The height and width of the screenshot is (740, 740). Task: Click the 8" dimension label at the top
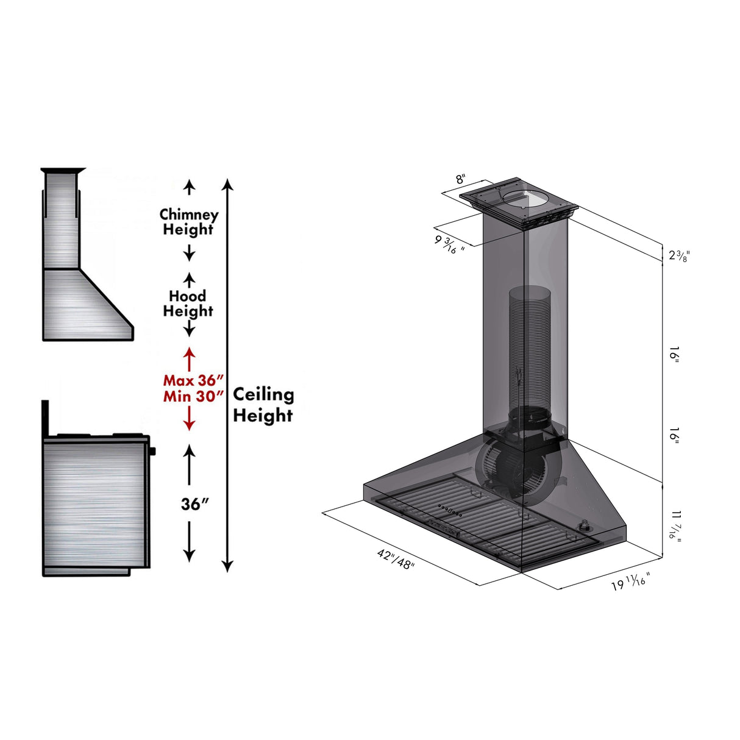(x=461, y=179)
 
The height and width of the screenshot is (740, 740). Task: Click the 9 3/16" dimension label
(x=449, y=244)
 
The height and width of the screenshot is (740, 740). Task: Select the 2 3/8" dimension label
(x=678, y=255)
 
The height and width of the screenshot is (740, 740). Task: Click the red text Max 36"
(x=190, y=380)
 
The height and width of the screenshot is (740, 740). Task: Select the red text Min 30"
(x=190, y=396)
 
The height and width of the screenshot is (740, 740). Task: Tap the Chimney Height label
(x=188, y=222)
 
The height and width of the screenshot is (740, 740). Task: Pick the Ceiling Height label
(x=263, y=405)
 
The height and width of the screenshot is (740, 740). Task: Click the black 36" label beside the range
(x=194, y=504)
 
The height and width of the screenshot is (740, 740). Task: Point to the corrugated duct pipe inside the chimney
(x=530, y=347)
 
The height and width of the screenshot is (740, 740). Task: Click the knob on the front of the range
(x=152, y=451)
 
